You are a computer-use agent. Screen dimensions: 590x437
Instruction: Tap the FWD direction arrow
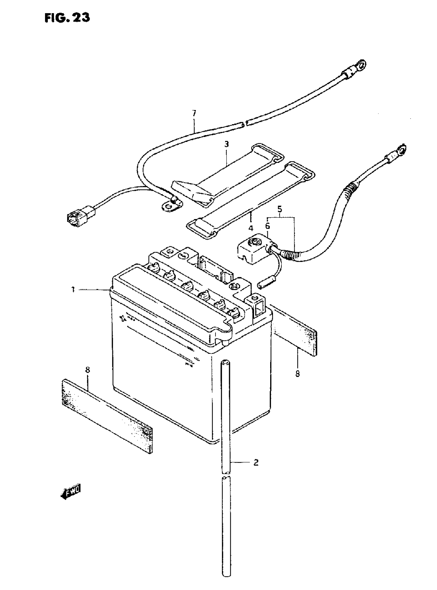[70, 492]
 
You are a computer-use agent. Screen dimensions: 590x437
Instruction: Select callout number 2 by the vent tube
[256, 462]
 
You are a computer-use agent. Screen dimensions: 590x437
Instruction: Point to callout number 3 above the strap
[226, 144]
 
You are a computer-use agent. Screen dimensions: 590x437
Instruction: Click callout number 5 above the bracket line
[280, 209]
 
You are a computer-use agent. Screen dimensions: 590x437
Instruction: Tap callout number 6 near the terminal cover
[268, 226]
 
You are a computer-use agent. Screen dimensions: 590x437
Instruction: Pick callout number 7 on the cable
[194, 114]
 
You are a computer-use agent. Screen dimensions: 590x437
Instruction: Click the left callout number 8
[88, 370]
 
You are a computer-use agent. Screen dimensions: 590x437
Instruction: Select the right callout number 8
[298, 374]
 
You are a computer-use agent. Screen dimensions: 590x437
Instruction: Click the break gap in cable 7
[244, 124]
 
